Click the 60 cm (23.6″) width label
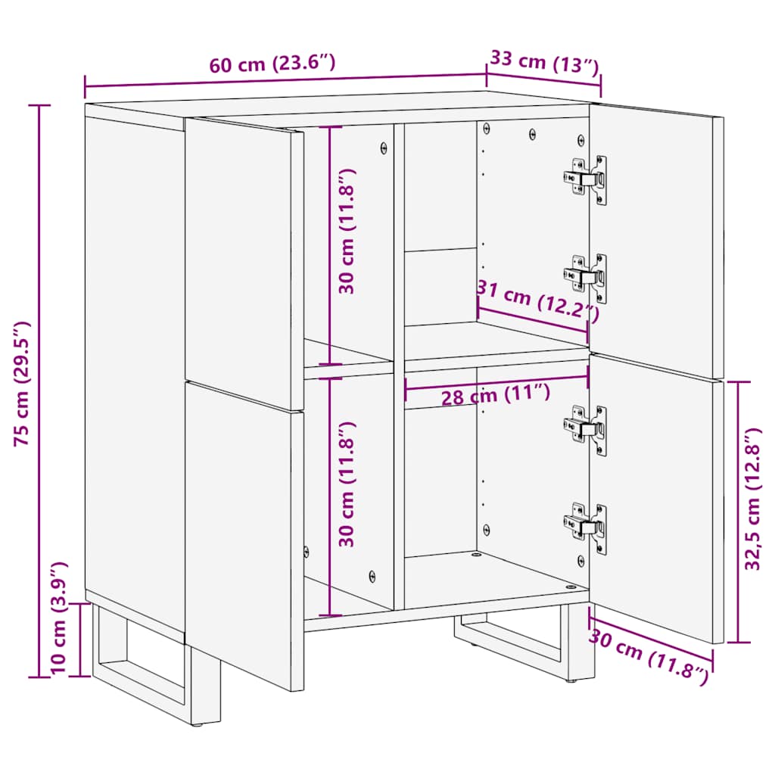272,64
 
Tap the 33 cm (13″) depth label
544,61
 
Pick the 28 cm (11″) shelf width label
496,394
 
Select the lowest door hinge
586,528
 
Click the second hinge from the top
586,278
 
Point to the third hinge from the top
586,430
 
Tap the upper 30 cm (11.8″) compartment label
347,231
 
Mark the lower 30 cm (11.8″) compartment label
347,484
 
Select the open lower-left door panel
242,530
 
